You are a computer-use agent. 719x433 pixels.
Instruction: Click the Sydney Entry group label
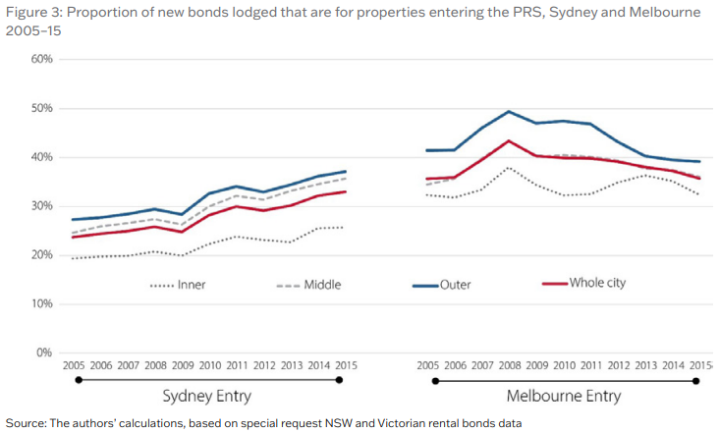click(207, 397)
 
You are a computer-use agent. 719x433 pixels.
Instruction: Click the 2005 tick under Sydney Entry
click(74, 365)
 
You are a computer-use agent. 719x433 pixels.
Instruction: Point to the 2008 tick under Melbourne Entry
click(508, 365)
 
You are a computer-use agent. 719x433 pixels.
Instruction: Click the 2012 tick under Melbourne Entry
click(617, 365)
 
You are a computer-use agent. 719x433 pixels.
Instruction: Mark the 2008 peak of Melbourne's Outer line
click(509, 112)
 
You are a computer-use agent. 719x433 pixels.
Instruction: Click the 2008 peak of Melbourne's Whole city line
click(509, 140)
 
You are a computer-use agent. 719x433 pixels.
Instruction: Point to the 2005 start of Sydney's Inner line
click(74, 258)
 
